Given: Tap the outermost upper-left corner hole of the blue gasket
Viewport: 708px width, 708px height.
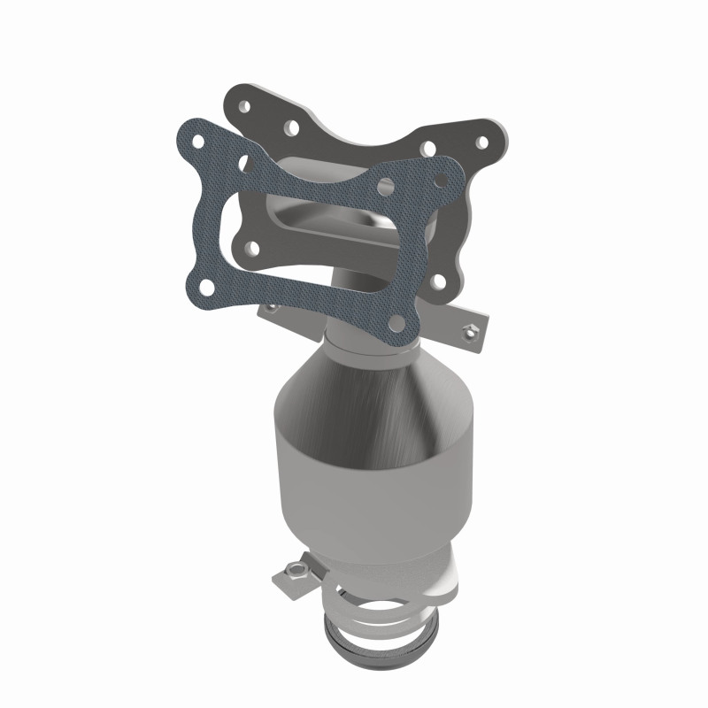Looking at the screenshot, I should [x=200, y=142].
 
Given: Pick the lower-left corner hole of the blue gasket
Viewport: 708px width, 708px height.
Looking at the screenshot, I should [x=206, y=285].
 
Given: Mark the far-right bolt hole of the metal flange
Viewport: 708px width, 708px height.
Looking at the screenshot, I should [x=482, y=141].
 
